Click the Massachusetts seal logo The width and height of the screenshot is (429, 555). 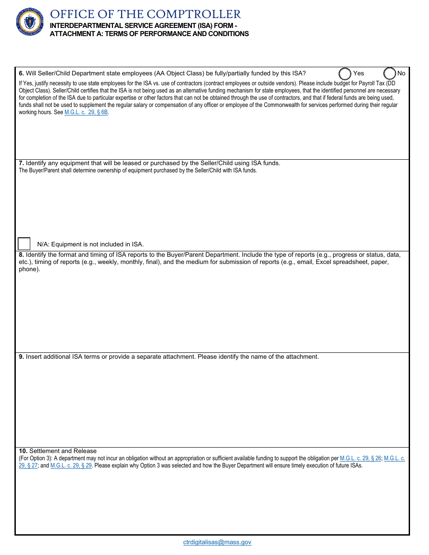coord(30,22)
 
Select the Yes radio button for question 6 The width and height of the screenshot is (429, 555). coord(345,74)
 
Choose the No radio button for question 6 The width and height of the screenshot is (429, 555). coord(390,74)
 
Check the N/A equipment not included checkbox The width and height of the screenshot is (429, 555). coord(24,244)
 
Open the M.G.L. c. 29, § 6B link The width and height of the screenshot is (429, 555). coord(86,112)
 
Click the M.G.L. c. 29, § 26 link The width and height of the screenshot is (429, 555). coord(360,458)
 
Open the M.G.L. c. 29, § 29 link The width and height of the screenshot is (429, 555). coord(71,466)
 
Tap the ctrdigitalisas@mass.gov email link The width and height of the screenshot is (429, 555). coord(217,542)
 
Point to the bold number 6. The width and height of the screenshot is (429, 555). coord(21,73)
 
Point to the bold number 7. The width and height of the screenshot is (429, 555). coord(21,163)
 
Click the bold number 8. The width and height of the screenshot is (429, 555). coord(21,254)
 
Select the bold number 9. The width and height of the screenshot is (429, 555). coord(21,356)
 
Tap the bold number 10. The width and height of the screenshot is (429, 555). coord(23,451)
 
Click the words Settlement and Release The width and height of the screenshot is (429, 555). coord(63,451)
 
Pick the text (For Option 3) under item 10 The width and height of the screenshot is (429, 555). coord(35,458)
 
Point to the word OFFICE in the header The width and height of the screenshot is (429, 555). coord(70,14)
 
